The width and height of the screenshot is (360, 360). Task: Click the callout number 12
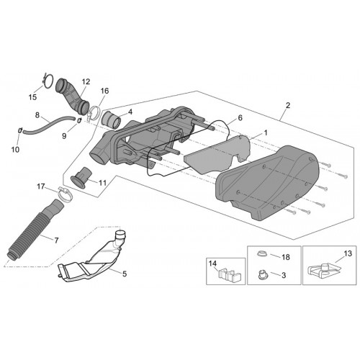point(86,81)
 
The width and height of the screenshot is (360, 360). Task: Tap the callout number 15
point(32,97)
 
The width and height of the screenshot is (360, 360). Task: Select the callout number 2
point(288,105)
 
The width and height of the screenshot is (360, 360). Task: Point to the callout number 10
point(15,150)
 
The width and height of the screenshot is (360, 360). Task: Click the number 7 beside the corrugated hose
point(56,240)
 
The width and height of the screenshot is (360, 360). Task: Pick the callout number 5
point(125,274)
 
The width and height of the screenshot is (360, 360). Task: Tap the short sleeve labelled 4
point(112,119)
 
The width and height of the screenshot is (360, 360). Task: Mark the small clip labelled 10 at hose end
point(20,130)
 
